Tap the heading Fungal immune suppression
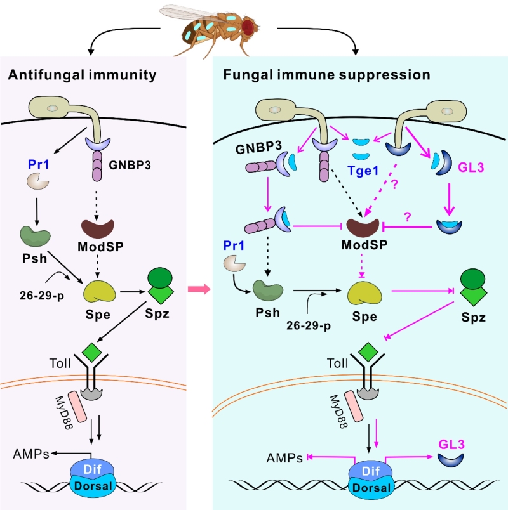pyautogui.click(x=326, y=75)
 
